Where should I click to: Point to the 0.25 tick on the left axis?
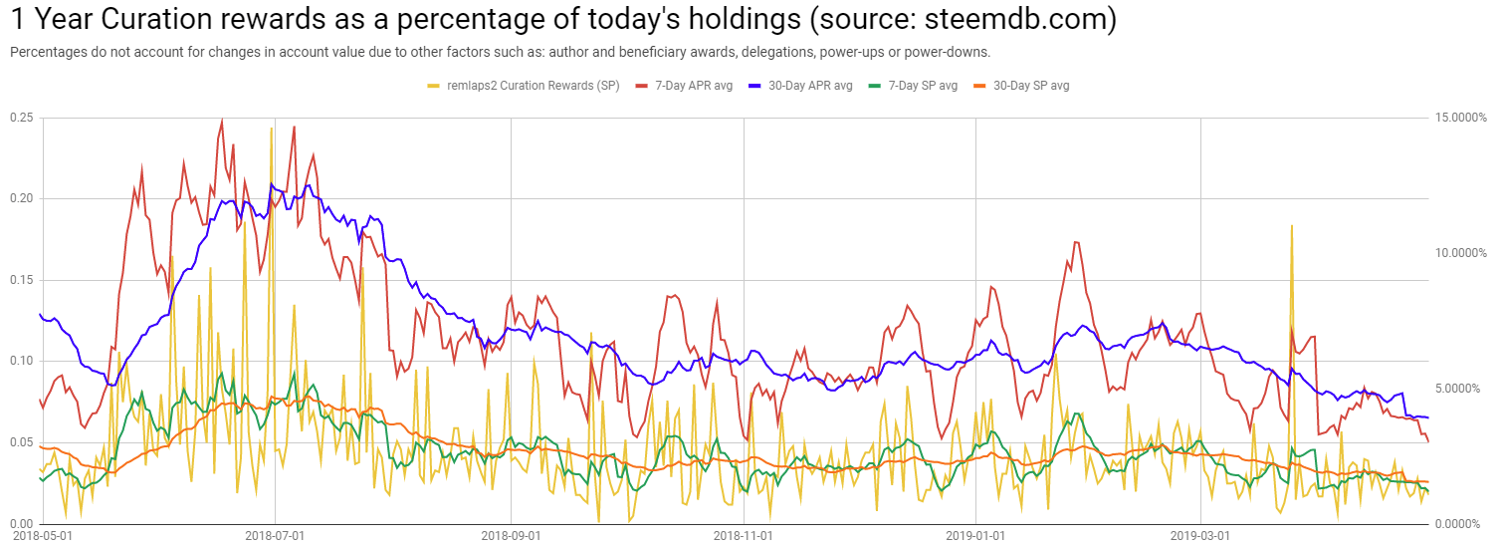click(x=21, y=118)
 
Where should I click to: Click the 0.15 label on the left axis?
click(x=21, y=280)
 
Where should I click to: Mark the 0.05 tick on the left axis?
click(x=21, y=442)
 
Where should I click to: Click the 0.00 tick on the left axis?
click(x=21, y=523)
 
